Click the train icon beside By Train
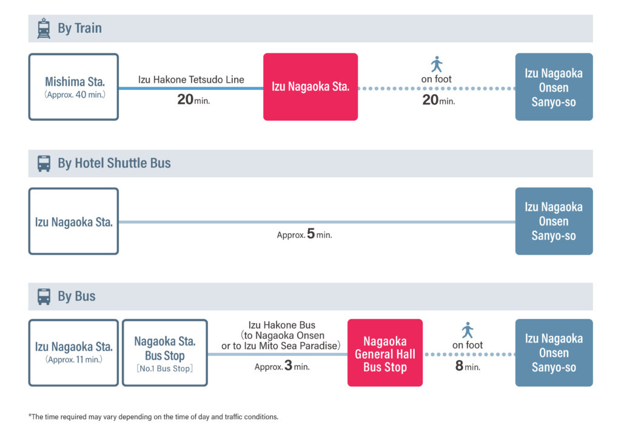tap(44, 29)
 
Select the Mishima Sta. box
tap(73, 87)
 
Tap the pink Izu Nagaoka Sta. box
tap(310, 87)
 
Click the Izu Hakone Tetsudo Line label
tap(191, 80)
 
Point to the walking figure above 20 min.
tap(437, 64)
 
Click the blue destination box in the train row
tap(554, 87)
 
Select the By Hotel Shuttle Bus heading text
tap(114, 163)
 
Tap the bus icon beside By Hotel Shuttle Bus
tap(44, 163)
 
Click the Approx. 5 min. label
tap(304, 234)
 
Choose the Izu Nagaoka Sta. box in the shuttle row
tap(73, 221)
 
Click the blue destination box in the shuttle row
tap(554, 221)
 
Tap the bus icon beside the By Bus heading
tap(44, 296)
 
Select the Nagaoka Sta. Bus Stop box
tap(165, 353)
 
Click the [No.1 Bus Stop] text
tap(165, 369)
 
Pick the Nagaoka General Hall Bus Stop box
tap(385, 353)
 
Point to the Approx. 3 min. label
tap(282, 366)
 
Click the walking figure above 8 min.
tap(468, 330)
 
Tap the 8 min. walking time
tap(468, 366)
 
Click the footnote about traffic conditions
tap(153, 417)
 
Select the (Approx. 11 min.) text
tap(73, 360)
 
